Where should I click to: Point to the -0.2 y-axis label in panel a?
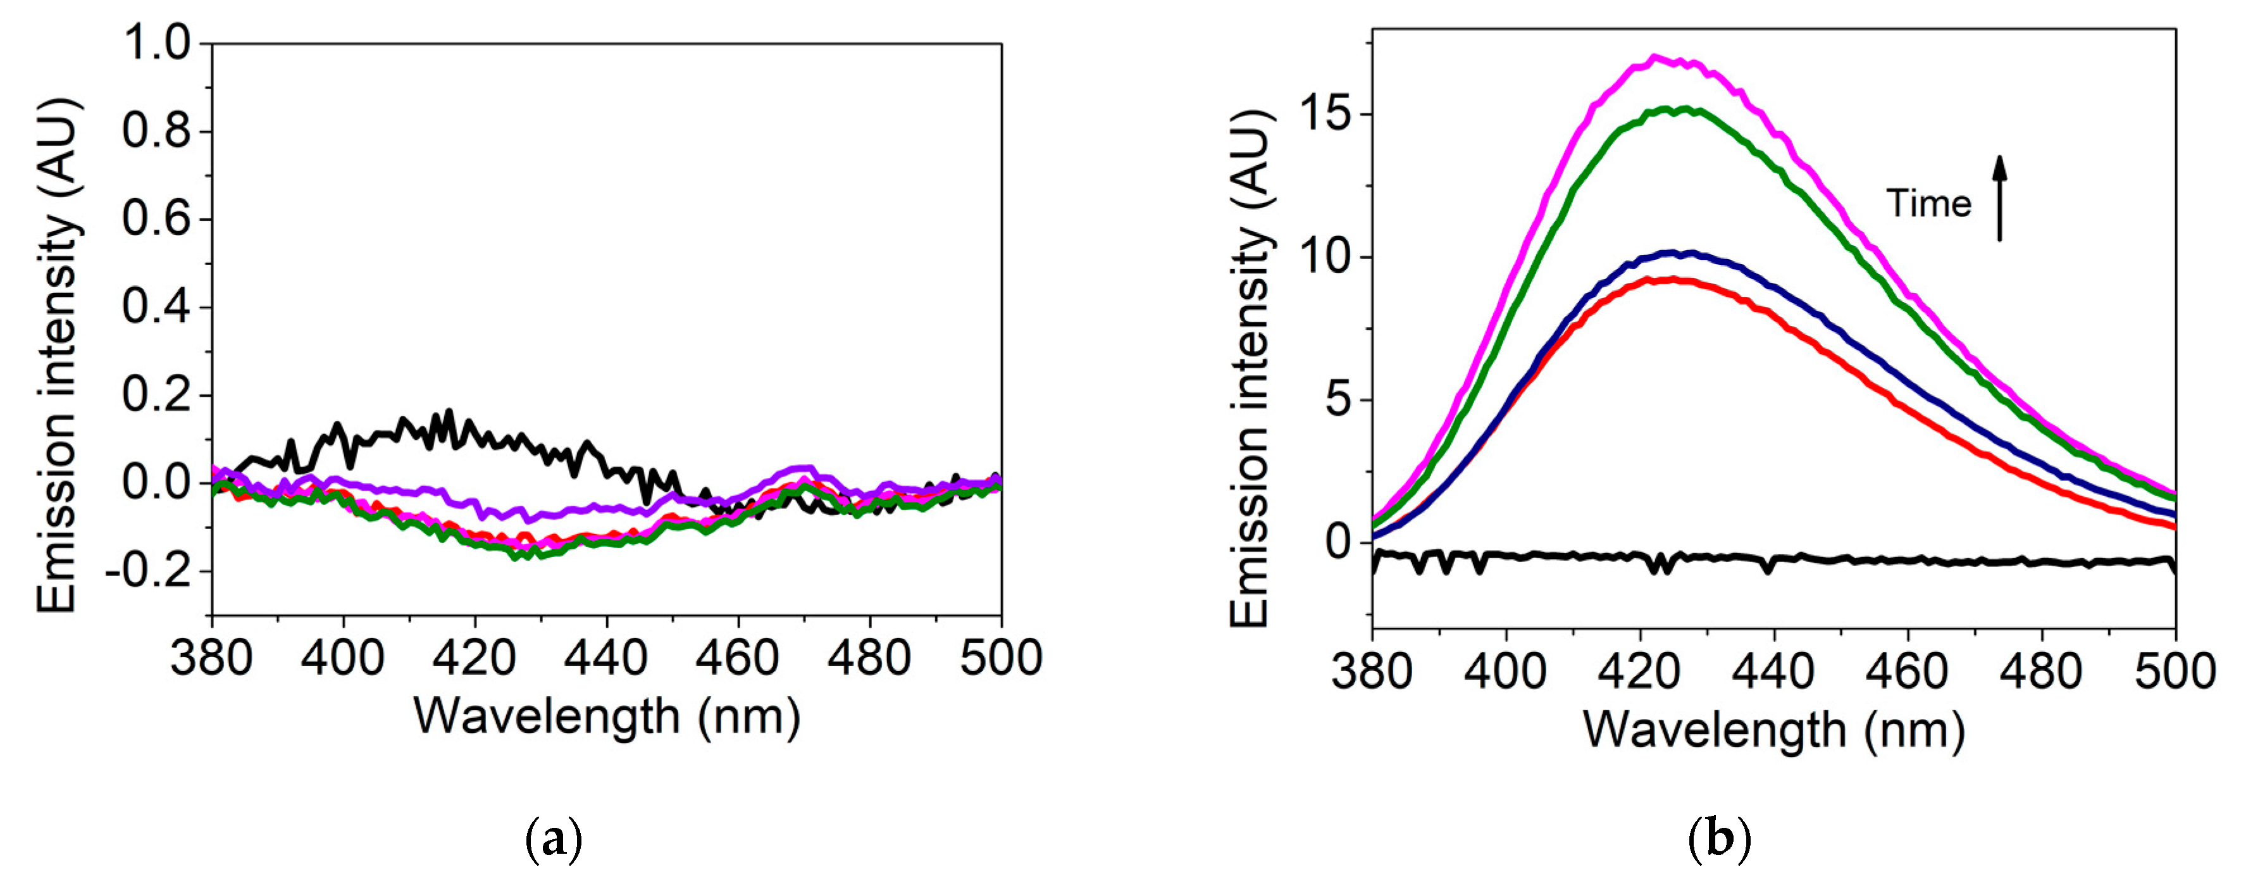(147, 572)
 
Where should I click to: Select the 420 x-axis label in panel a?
(475, 658)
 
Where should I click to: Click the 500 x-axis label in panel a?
(1000, 658)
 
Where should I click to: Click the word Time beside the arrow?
(1928, 204)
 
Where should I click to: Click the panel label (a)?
(554, 840)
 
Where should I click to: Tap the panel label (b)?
(1719, 840)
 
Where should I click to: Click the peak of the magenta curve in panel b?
(1654, 58)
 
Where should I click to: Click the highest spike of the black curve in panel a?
(449, 411)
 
